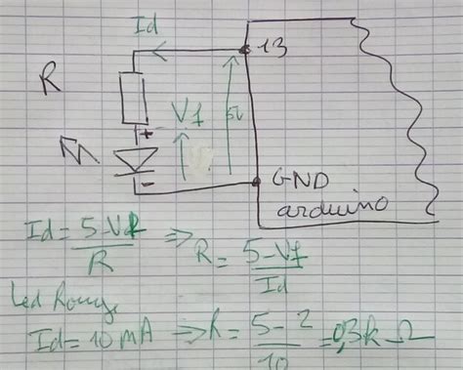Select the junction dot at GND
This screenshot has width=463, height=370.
[x=256, y=182]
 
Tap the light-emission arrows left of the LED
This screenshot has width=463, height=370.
[x=76, y=149]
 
